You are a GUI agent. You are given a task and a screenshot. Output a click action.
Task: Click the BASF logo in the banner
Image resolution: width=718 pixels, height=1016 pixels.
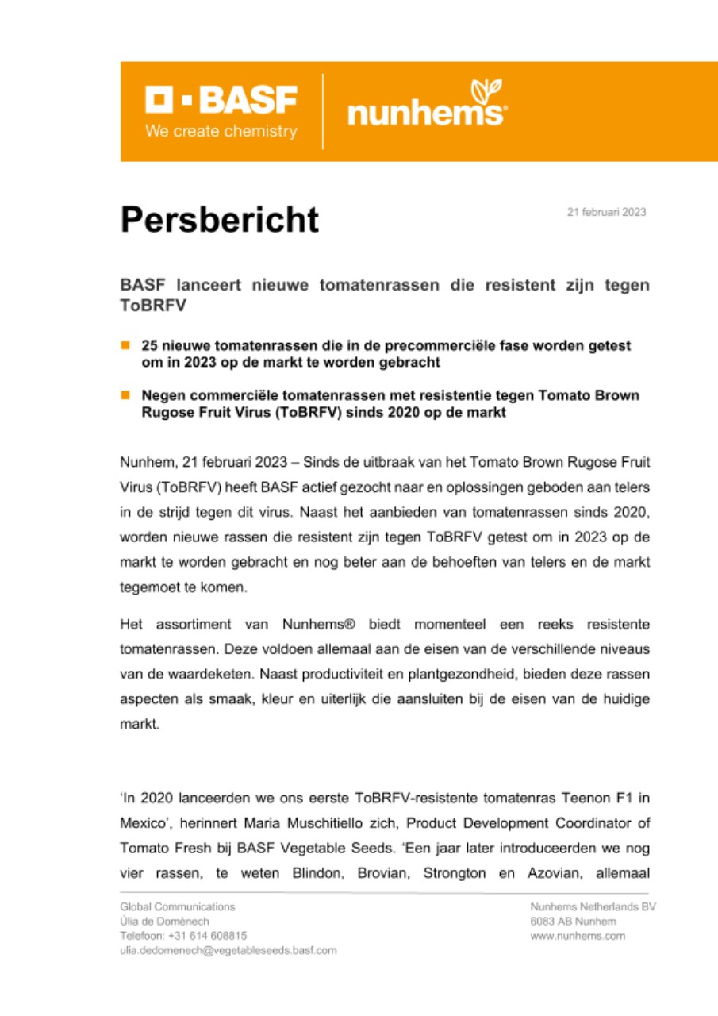(221, 101)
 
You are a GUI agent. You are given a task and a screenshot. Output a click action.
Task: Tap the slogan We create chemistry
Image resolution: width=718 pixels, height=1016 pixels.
(221, 131)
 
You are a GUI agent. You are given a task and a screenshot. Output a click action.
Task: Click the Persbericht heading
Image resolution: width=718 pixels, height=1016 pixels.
(220, 219)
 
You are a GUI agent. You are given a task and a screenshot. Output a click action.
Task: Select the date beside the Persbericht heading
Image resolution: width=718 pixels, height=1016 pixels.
(606, 212)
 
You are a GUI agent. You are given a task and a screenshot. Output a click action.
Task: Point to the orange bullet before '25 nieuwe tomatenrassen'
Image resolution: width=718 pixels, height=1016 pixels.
(125, 345)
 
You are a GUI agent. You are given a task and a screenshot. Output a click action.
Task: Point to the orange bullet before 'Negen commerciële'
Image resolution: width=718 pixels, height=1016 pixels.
(125, 394)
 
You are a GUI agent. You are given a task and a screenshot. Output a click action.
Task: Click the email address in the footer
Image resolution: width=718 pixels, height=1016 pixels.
(228, 950)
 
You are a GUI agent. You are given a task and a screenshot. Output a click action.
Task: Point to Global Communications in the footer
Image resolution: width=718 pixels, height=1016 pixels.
(177, 906)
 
